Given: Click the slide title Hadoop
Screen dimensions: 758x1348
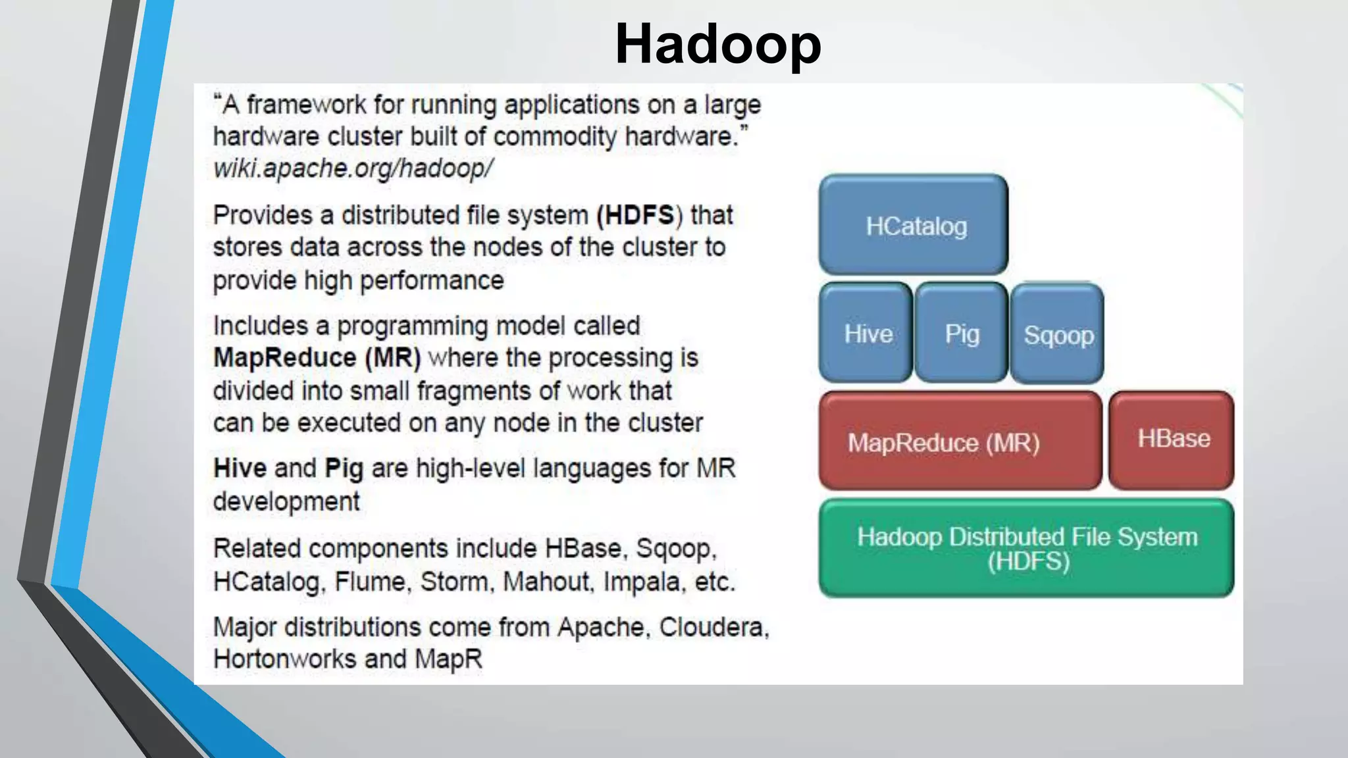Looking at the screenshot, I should coord(717,45).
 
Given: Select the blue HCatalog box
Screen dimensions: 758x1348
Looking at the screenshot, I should coord(914,225).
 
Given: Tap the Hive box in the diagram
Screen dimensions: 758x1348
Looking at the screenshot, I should coord(867,334).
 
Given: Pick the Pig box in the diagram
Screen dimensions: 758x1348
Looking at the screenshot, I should coord(961,334).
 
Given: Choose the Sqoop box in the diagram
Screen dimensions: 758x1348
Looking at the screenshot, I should coord(1057,335).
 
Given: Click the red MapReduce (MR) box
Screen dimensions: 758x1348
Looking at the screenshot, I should coord(960,442).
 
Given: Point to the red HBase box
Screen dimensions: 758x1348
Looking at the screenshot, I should coord(1172,440).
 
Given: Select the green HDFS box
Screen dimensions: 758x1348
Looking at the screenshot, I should coord(1027,548).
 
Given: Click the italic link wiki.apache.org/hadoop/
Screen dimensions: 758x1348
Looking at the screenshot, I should coord(353,168).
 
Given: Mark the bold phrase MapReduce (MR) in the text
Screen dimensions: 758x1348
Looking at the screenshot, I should coord(317,358).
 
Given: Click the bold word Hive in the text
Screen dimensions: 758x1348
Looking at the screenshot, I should coord(240,468).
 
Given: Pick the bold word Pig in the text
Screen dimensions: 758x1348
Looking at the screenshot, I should coord(344,469).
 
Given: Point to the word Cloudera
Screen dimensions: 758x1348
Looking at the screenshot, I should coord(713,627).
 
